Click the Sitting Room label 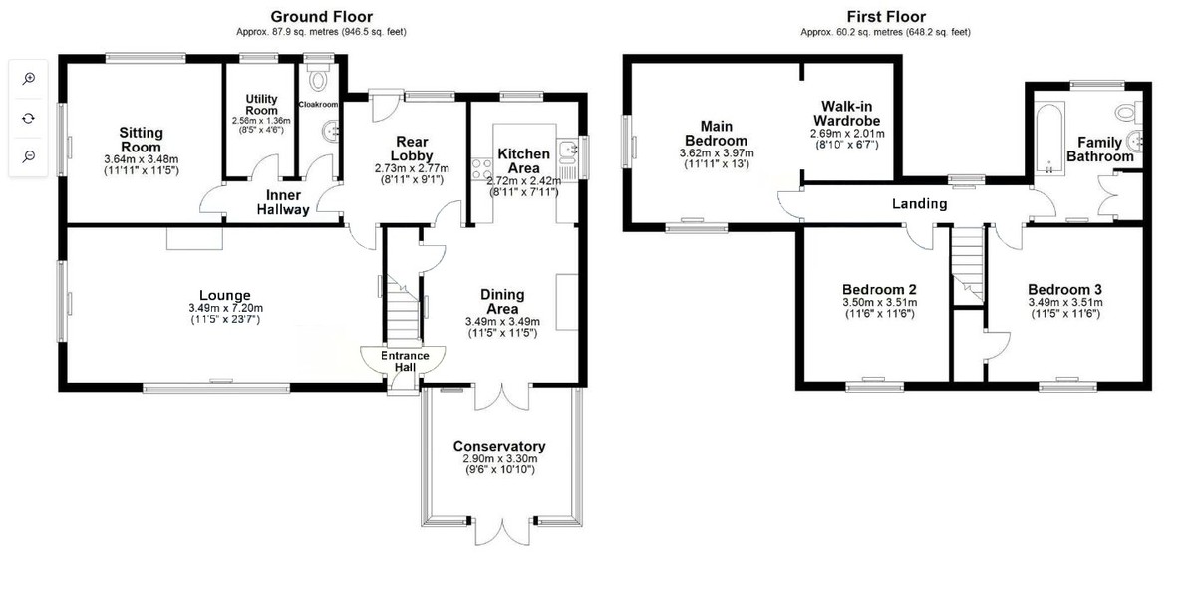click(x=141, y=140)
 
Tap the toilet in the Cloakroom click(x=318, y=79)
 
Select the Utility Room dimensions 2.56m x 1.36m click(x=261, y=121)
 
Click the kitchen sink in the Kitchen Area click(x=566, y=151)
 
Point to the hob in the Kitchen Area click(x=482, y=168)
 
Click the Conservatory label click(x=499, y=446)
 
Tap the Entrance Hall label click(x=405, y=361)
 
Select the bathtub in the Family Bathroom click(x=1049, y=139)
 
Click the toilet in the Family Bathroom click(x=1127, y=113)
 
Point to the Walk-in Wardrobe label click(x=847, y=114)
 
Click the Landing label click(x=919, y=204)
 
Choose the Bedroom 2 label click(x=879, y=289)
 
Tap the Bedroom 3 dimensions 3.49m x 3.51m click(x=1065, y=302)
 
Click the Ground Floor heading click(x=321, y=17)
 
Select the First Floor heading click(x=886, y=17)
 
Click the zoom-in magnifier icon click(x=29, y=79)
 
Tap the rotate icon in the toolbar click(x=29, y=118)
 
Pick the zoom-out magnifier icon click(x=29, y=156)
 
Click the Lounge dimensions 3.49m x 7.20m click(x=225, y=308)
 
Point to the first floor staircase click(x=967, y=265)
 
